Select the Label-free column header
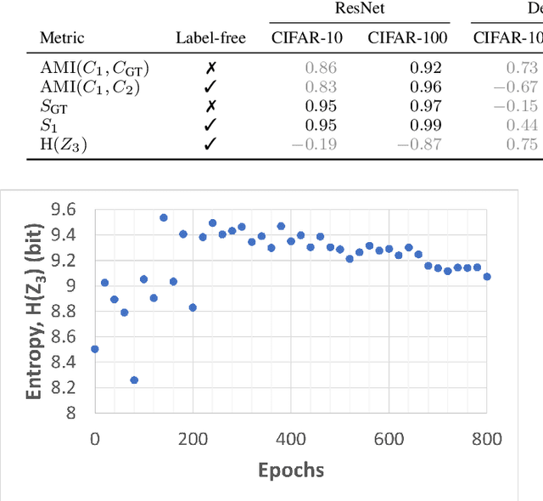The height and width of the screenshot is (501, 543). click(x=210, y=37)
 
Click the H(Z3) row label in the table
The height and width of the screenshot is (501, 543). click(x=64, y=144)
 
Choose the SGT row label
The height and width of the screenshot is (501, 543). click(x=55, y=105)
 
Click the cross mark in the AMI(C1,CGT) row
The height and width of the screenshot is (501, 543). click(x=210, y=66)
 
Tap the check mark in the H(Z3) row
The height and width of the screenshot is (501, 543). click(x=210, y=144)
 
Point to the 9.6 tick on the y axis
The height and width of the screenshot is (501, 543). click(x=64, y=209)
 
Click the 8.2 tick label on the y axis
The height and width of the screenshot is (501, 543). click(x=64, y=387)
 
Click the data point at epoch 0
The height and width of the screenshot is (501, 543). click(x=94, y=349)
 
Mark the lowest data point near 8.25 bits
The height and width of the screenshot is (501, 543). click(x=134, y=380)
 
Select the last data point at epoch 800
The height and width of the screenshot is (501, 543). click(x=486, y=277)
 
